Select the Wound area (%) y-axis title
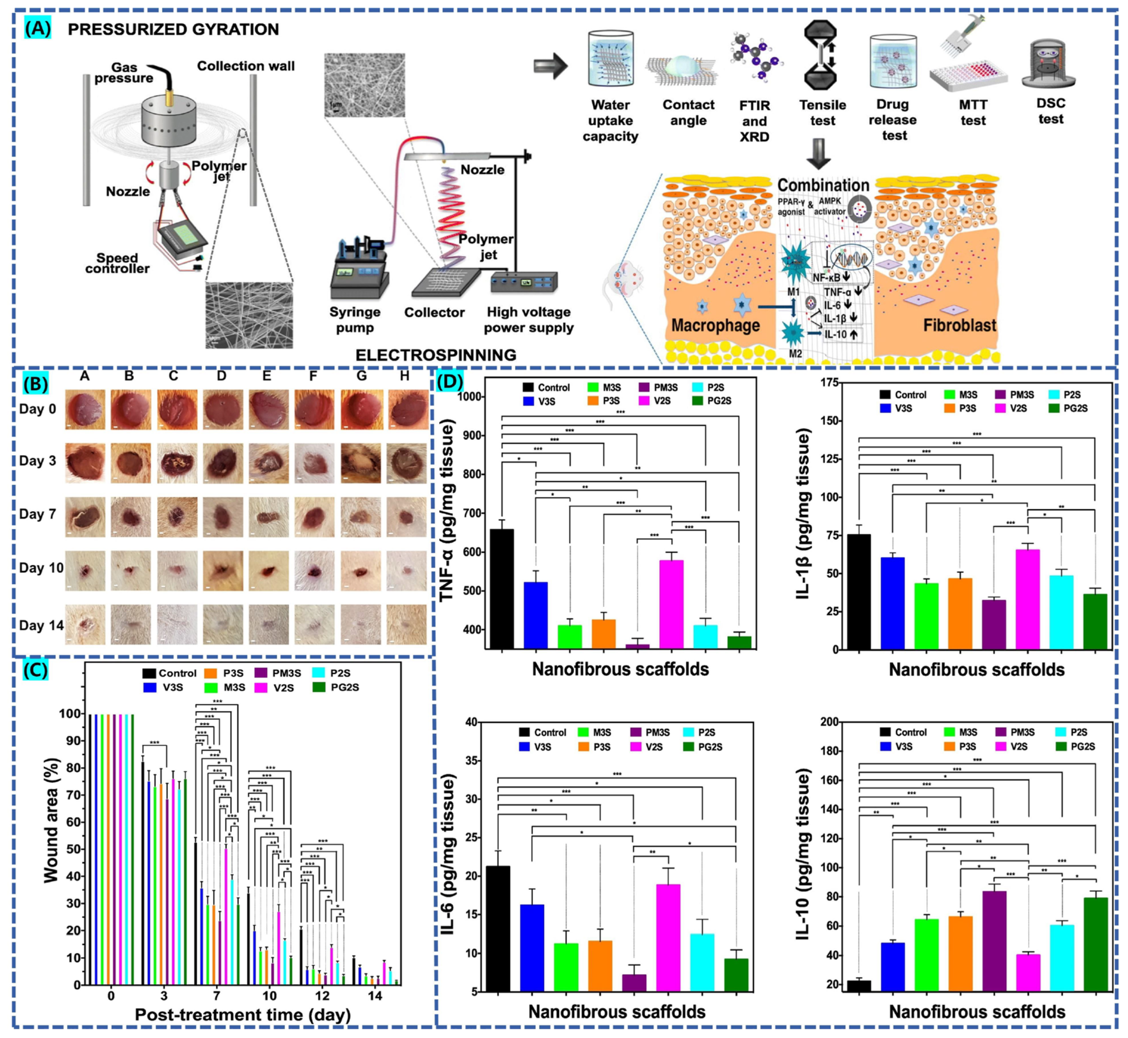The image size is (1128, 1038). [x=52, y=820]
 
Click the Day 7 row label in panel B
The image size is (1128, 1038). [x=37, y=514]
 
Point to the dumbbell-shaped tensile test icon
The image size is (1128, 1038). [x=821, y=55]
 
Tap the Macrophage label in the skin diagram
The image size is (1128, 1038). [x=715, y=325]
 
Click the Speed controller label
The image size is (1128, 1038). [x=117, y=263]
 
